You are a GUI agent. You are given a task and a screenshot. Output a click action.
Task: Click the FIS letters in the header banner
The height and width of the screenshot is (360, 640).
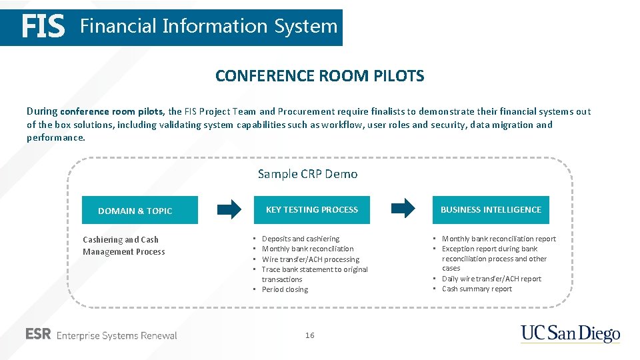43,27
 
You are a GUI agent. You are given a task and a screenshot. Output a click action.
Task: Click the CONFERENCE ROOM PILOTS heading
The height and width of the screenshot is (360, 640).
319,76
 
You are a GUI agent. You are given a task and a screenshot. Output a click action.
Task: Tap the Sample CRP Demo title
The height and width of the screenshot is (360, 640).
307,174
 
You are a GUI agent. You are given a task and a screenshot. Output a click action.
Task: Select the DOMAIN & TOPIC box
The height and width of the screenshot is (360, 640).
139,210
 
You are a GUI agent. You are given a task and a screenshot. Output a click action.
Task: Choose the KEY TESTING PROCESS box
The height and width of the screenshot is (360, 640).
311,209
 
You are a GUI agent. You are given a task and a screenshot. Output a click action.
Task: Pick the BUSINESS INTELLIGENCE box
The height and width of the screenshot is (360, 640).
491,209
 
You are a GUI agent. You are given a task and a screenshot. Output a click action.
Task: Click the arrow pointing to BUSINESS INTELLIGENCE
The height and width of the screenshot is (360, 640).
403,209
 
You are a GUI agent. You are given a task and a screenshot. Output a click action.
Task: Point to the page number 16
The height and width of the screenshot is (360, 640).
309,335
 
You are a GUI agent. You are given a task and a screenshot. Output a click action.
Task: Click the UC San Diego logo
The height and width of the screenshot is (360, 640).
570,333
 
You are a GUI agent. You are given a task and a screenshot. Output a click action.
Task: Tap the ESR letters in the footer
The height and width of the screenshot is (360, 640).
38,335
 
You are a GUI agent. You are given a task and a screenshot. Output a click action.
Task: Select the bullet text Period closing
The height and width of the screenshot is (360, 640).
285,289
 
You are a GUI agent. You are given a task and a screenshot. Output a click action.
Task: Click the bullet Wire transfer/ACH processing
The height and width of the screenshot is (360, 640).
310,259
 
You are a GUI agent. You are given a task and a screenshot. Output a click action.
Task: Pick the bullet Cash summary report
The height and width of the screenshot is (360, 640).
477,289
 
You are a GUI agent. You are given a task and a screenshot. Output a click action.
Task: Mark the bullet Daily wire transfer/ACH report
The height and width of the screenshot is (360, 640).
491,279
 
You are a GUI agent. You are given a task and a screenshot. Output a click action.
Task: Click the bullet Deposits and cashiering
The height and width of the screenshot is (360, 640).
300,239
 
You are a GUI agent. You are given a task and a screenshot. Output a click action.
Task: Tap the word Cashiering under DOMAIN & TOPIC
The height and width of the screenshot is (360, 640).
102,240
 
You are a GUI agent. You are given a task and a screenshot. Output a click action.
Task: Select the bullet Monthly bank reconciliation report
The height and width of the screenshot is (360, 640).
499,239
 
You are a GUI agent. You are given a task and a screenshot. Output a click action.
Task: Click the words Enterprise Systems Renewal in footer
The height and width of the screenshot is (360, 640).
117,335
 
